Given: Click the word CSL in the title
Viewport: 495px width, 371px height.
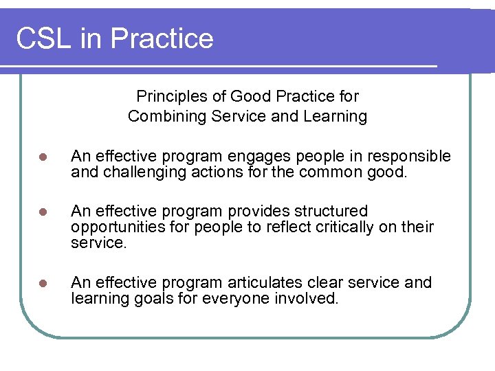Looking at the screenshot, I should [43, 38].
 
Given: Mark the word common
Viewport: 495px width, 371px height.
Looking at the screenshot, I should [331, 172].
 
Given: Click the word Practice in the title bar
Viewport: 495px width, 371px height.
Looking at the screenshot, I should [162, 38].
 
